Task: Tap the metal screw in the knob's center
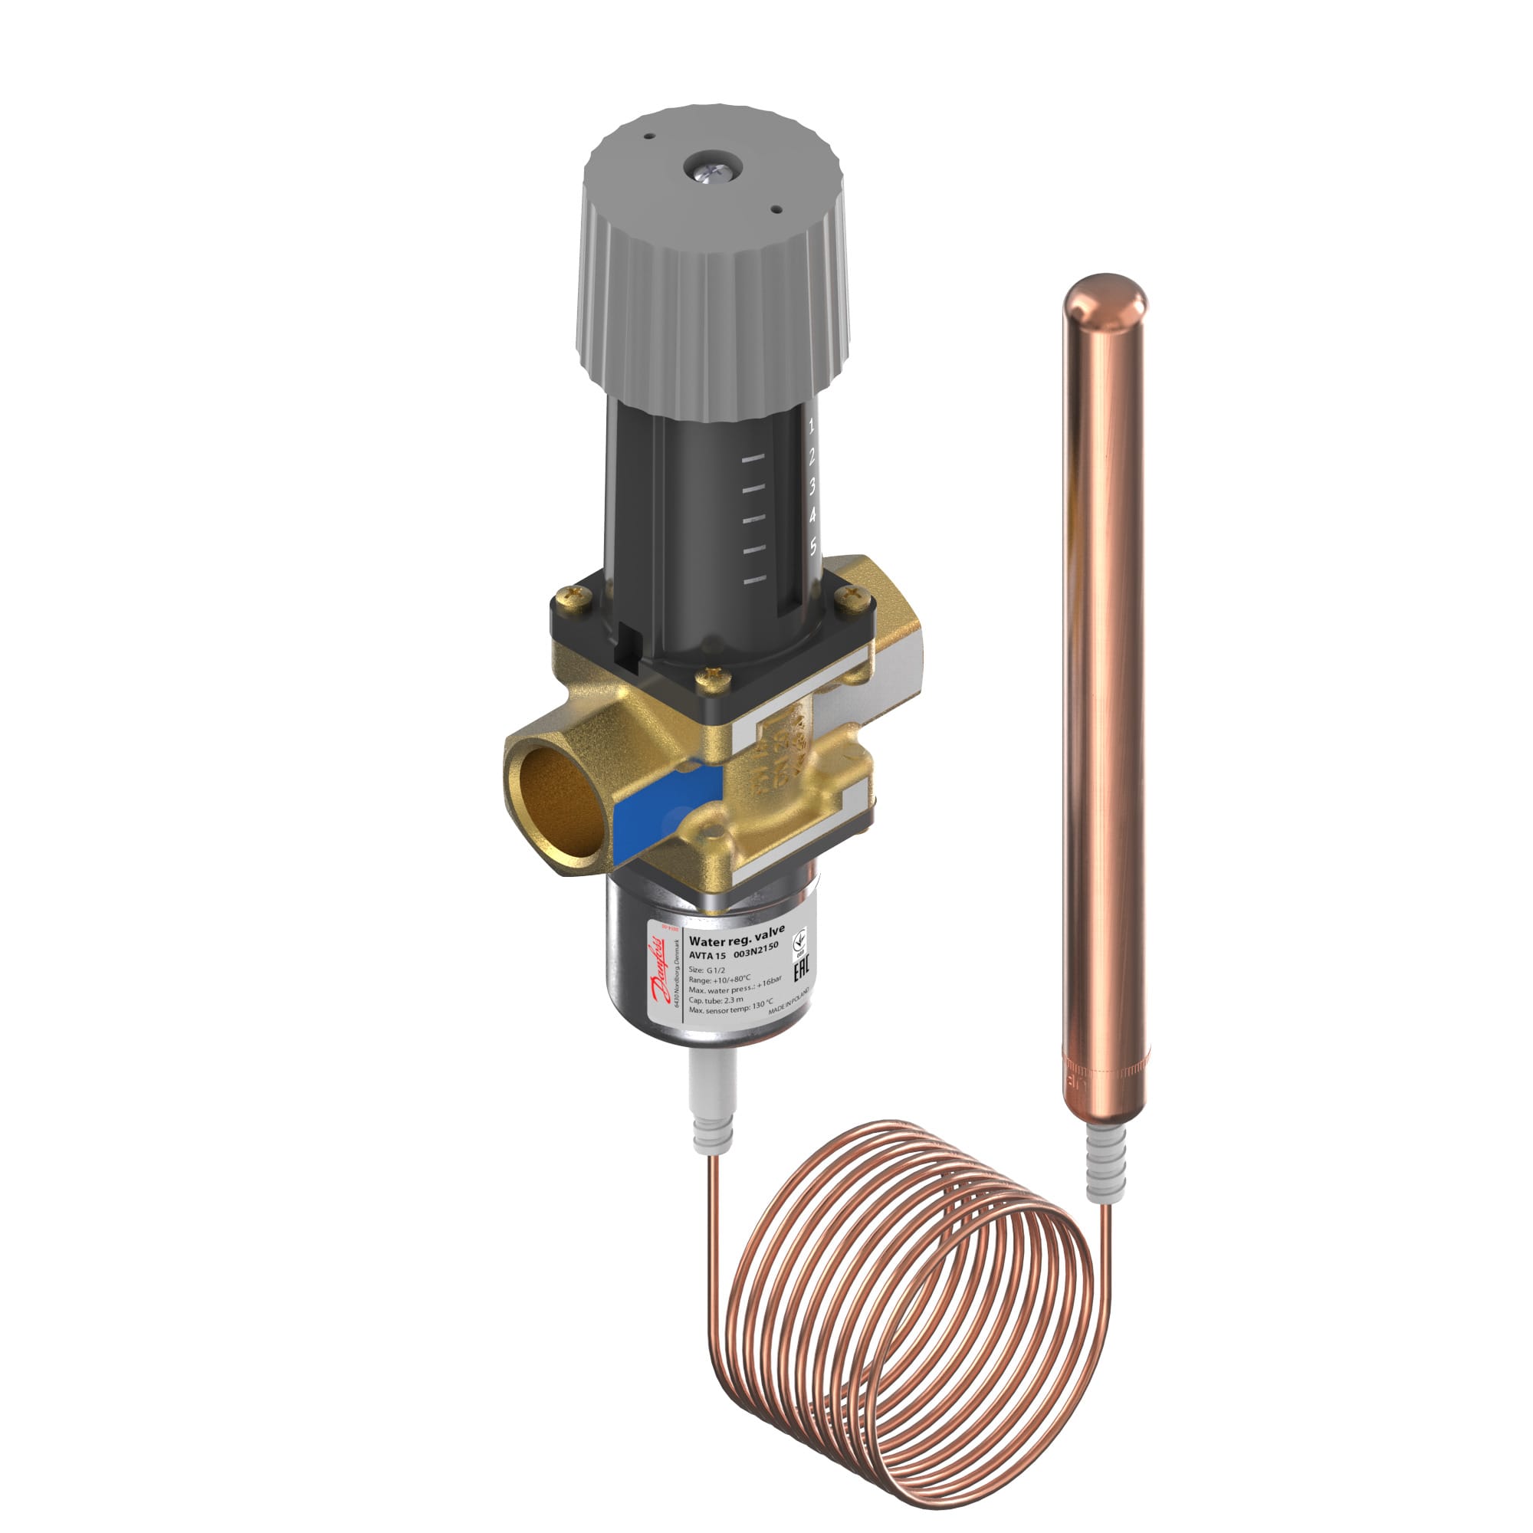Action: pos(711,169)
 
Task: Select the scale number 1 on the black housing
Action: pos(811,426)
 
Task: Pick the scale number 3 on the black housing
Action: pos(812,487)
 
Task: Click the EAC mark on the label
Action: pos(801,970)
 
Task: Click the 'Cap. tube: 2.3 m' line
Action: pos(716,1000)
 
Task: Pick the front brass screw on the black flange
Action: pos(714,677)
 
